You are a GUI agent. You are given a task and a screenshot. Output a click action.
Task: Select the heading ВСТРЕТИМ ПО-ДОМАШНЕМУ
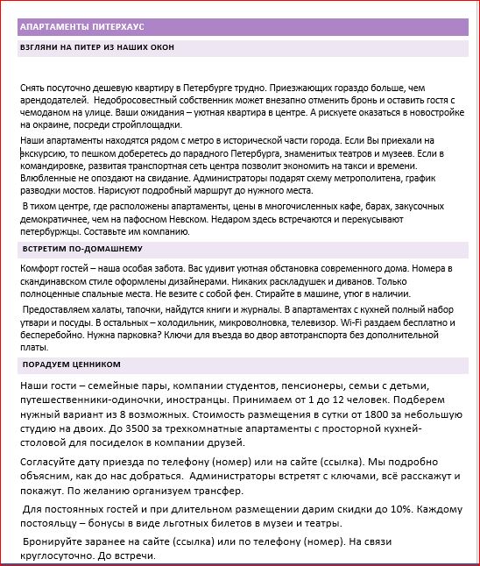76,251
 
